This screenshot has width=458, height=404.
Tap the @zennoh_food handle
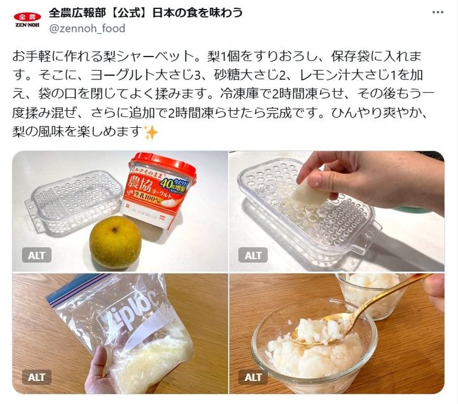[87, 29]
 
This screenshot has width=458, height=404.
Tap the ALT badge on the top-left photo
[37, 255]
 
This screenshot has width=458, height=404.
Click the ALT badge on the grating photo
[253, 255]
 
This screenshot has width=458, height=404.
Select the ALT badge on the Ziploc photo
[37, 377]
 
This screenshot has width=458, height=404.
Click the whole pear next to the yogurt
[114, 242]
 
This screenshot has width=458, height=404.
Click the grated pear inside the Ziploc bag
[153, 359]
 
